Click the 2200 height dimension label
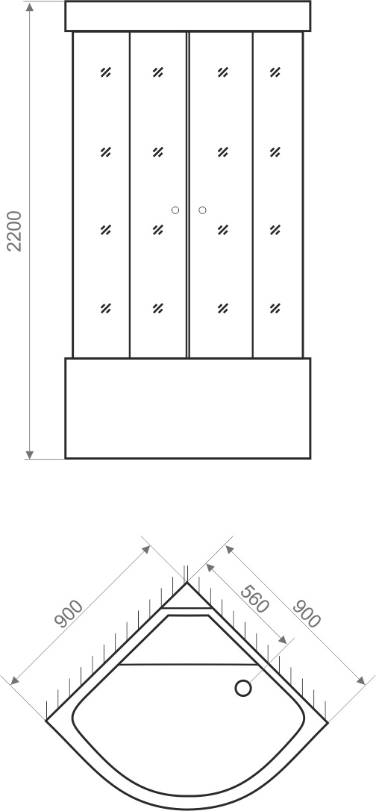point(14,231)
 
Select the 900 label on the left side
point(69,613)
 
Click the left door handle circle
point(175,210)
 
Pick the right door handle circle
point(202,210)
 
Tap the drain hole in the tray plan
point(243,688)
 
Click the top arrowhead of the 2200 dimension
point(30,7)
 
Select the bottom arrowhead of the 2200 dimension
point(30,454)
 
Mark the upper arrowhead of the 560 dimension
point(210,567)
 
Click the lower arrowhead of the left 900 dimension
point(14,680)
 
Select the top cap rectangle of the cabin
point(188,16)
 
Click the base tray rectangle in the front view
point(188,408)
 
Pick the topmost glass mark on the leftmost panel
point(105,72)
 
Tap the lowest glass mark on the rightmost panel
point(275,308)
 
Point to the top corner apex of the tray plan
point(187,583)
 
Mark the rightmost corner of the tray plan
point(328,720)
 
